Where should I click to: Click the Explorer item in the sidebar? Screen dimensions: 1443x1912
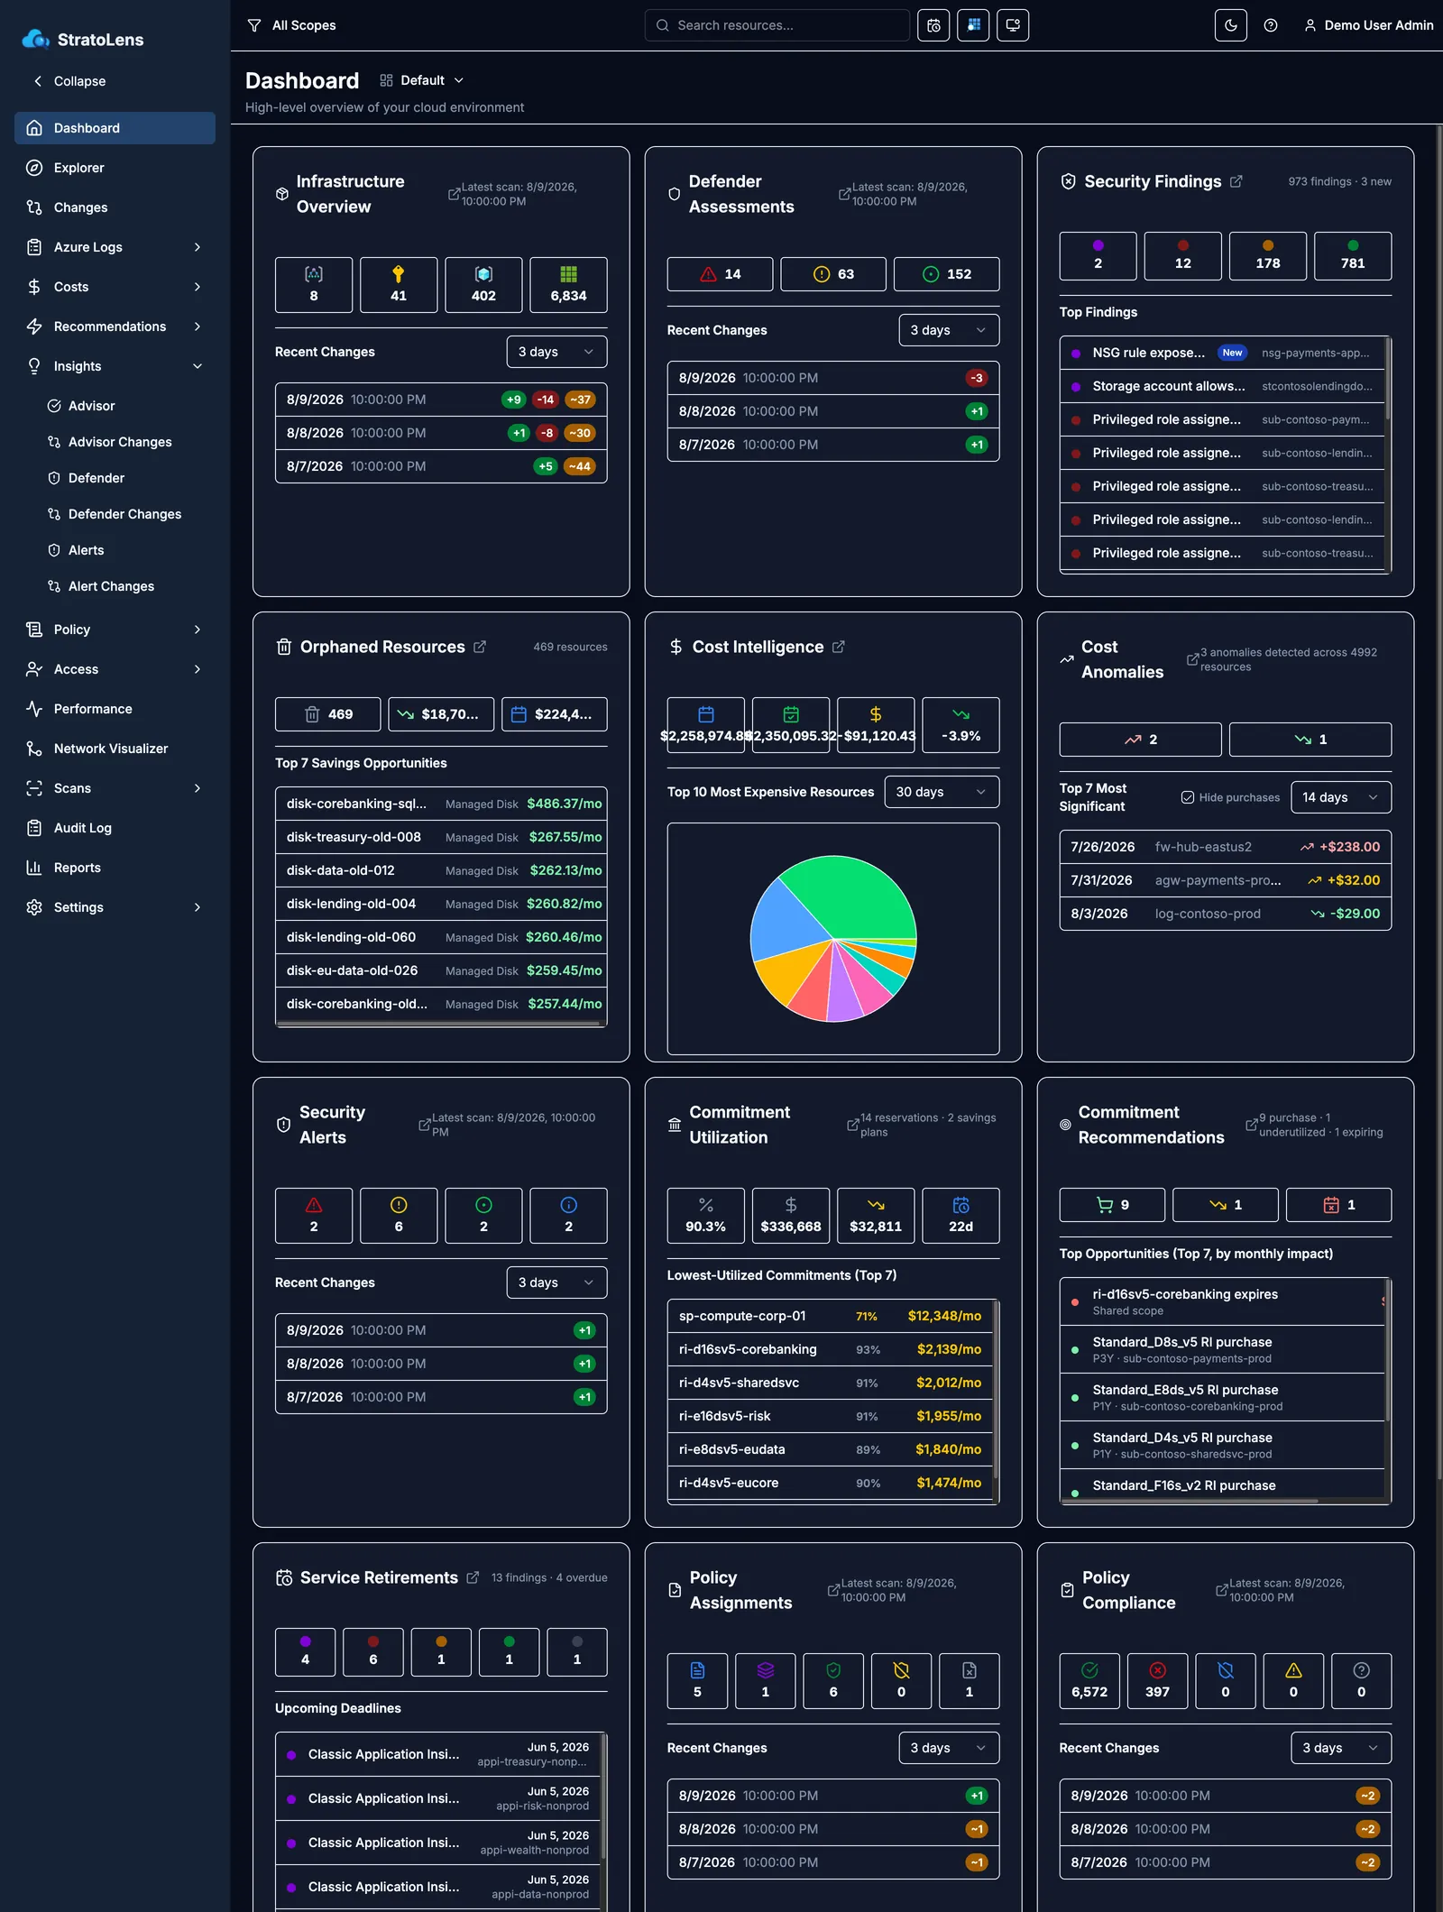coord(78,168)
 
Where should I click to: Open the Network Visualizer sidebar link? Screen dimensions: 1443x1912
coord(110,749)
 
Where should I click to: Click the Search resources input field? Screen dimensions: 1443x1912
coord(777,25)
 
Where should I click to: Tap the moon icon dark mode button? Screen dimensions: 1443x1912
coord(1230,25)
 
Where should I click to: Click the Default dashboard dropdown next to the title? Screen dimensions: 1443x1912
coord(422,80)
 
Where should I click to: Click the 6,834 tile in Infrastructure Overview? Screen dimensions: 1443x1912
coord(568,285)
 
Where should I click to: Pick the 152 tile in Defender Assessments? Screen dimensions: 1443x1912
coord(946,274)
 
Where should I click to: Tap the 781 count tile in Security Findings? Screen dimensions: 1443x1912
coord(1353,256)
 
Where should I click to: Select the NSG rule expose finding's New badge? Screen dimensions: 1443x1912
coord(1232,353)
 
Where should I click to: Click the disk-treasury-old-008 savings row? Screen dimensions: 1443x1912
coord(441,837)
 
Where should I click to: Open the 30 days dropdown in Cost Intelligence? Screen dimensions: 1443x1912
coord(942,792)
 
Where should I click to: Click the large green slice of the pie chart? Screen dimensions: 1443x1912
coord(852,897)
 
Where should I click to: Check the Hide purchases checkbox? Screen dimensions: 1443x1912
coord(1188,797)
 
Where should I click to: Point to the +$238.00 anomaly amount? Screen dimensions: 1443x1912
coord(1349,847)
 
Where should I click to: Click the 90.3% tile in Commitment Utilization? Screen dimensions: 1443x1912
coord(705,1216)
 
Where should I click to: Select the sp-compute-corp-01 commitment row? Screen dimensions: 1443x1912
coord(831,1316)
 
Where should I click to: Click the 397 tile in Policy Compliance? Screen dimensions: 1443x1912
coord(1157,1681)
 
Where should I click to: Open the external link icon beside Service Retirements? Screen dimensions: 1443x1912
coord(473,1577)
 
